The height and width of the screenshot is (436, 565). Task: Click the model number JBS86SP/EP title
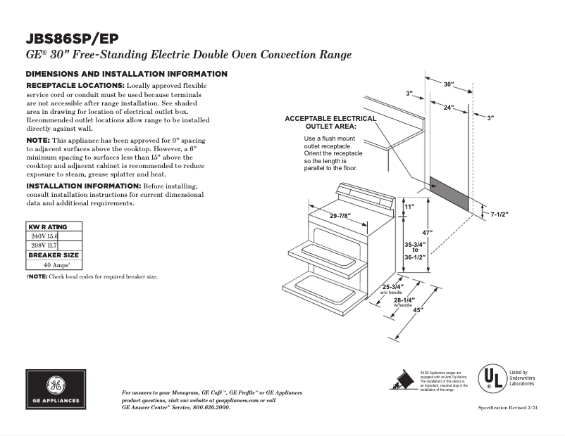[74, 39]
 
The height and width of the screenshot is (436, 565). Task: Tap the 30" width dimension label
[448, 84]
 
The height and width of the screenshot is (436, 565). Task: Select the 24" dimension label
[447, 108]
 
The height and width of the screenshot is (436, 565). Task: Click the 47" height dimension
[428, 233]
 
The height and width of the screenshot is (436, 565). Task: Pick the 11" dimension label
[409, 207]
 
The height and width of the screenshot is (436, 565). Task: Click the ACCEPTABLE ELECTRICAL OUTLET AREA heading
[330, 122]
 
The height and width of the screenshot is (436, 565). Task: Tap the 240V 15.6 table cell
[44, 237]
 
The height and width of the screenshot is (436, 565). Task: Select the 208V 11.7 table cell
[44, 245]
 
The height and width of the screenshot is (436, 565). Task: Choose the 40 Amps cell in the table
[54, 265]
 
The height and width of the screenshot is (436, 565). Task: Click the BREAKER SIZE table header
[54, 255]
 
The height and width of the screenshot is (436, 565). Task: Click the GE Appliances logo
[54, 389]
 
